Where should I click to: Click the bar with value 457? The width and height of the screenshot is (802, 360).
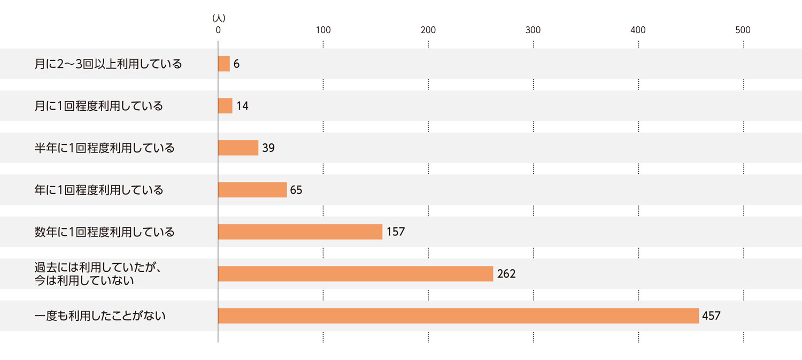(458, 316)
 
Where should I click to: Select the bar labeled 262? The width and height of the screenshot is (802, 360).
(356, 274)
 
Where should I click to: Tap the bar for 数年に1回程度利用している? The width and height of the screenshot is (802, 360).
(300, 232)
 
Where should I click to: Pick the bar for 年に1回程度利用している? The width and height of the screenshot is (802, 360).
(252, 190)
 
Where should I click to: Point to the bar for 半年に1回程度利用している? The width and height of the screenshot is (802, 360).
(238, 148)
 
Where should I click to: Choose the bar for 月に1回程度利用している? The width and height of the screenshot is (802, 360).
(225, 106)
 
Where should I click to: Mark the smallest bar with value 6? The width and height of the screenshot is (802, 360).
(224, 64)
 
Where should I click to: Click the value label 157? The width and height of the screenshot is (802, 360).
(396, 232)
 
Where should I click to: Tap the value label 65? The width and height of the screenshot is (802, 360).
(296, 190)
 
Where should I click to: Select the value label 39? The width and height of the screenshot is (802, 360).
(268, 148)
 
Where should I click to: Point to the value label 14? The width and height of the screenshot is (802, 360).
(242, 106)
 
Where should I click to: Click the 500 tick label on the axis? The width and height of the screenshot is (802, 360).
(743, 30)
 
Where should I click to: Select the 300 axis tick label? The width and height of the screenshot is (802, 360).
(533, 30)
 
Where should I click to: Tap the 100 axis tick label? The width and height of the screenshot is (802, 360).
(323, 30)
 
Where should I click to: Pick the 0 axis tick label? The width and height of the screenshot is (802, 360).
(218, 30)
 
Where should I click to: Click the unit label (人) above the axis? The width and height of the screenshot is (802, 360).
(219, 18)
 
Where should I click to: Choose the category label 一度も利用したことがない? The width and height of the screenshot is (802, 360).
(100, 316)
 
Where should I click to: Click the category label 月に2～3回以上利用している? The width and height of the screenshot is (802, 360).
(108, 64)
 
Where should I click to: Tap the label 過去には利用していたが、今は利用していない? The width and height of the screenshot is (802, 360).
(98, 274)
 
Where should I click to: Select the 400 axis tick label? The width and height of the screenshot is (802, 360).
(638, 30)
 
